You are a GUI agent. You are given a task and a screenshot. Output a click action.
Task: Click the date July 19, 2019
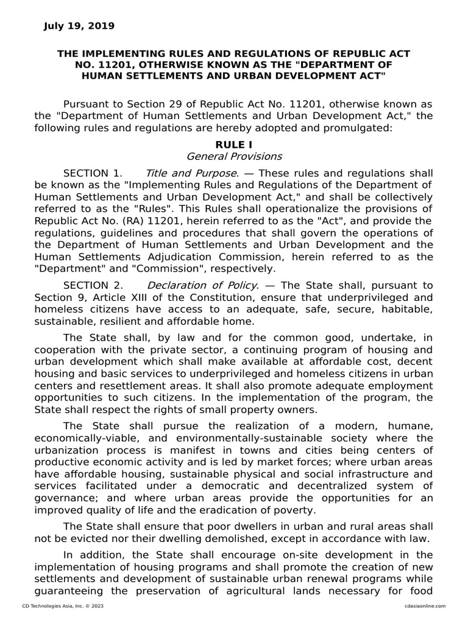(x=79, y=26)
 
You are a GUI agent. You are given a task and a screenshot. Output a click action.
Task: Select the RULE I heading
(x=233, y=144)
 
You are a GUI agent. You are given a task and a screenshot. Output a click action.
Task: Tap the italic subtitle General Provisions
(x=234, y=156)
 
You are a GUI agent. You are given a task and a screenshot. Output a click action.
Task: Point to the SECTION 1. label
(x=93, y=173)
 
